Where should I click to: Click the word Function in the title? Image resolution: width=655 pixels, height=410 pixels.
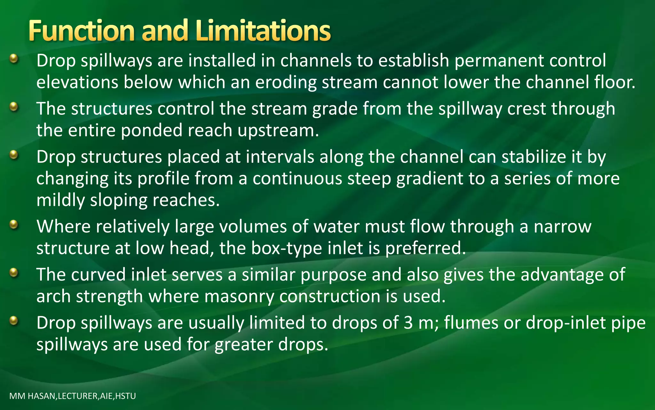tap(81, 31)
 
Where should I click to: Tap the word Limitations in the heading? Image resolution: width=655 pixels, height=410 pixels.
tap(263, 31)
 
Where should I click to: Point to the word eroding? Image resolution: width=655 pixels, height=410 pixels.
tap(286, 82)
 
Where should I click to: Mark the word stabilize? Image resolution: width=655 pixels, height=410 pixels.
tap(534, 157)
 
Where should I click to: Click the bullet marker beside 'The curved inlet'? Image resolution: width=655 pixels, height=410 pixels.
tap(13, 273)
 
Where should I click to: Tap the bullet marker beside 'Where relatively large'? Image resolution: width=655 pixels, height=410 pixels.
tap(13, 225)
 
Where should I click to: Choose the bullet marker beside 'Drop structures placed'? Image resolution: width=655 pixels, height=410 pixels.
tap(13, 155)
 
